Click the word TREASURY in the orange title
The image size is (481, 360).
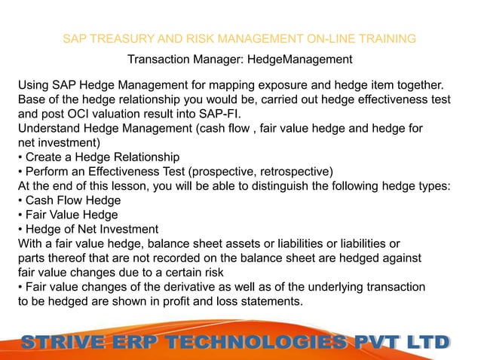tap(117, 38)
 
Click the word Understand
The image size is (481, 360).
tap(50, 130)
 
